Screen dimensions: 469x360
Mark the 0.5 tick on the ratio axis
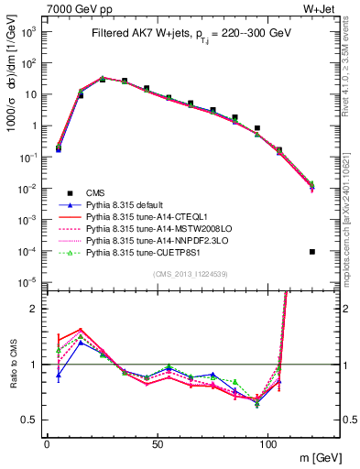pyautogui.click(x=34, y=420)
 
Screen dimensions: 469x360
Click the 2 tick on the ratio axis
pyautogui.click(x=38, y=309)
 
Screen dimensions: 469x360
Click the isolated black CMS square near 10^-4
pyautogui.click(x=312, y=252)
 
